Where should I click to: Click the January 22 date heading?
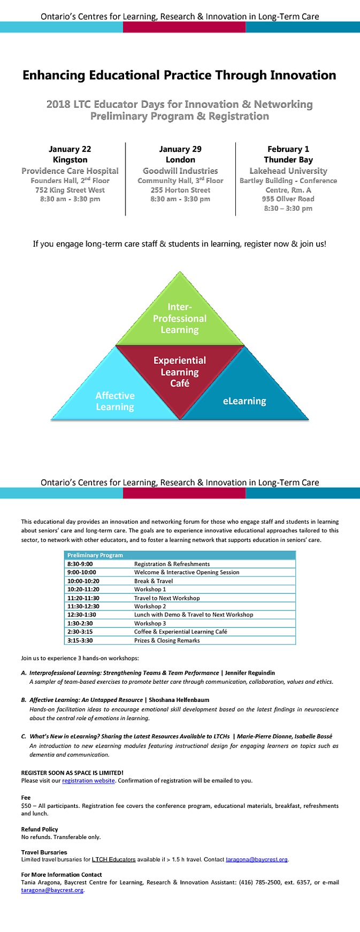pos(70,149)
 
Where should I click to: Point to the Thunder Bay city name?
pos(288,160)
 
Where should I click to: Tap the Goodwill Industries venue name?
pos(180,171)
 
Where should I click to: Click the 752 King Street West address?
pos(70,190)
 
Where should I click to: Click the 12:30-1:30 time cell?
pos(82,615)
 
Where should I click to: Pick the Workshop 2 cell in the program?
pos(150,606)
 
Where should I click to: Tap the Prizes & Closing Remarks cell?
pos(167,640)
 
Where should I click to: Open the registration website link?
pos(88,781)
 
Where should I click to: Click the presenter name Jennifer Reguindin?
pos(250,673)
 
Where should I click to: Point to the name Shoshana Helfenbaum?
pos(179,700)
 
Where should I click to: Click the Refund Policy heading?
pos(40,829)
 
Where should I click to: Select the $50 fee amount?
pos(26,806)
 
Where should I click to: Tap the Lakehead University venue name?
pos(288,171)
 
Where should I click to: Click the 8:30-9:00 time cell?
pos(80,564)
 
